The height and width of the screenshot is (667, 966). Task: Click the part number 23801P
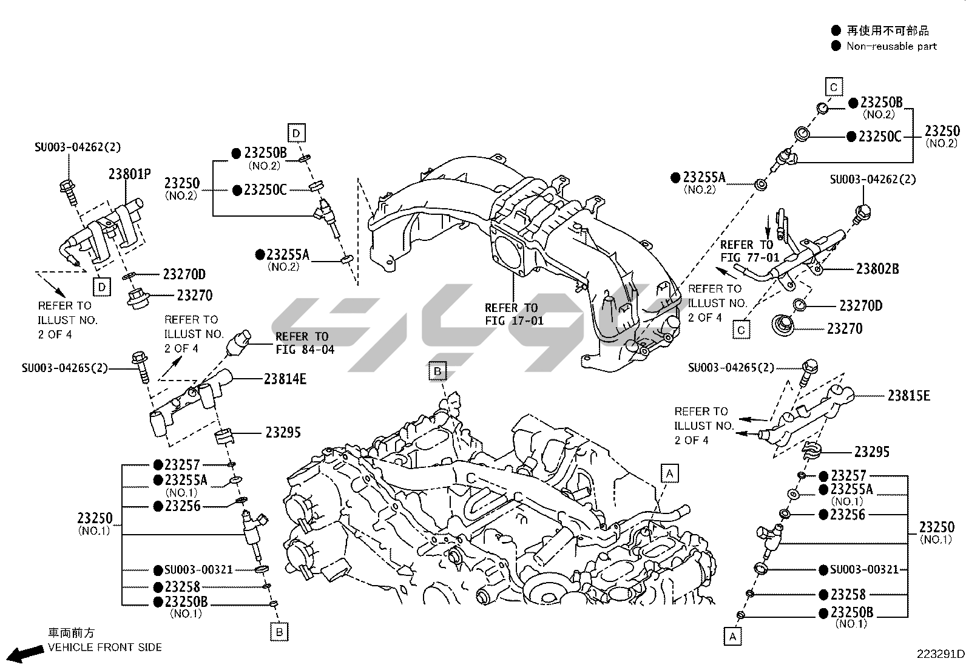coord(129,174)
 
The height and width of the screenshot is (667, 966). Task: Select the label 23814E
coord(285,379)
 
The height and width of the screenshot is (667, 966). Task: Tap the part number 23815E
coord(908,396)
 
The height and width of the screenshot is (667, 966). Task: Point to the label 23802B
coord(877,268)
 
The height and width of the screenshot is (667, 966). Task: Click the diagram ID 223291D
coord(940,654)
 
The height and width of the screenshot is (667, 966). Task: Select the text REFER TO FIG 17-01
coord(514,314)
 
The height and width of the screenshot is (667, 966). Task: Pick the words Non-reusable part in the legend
coord(891,46)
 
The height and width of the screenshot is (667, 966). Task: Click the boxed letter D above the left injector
coord(296,132)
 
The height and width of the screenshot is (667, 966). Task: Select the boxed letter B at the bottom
coord(279,632)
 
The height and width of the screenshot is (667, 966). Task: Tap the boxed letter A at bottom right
coord(732,637)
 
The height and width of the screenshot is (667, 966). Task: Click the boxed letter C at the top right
coord(833,87)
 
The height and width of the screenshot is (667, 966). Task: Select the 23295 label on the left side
coord(283,433)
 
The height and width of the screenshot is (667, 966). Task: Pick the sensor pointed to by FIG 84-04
coord(238,344)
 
